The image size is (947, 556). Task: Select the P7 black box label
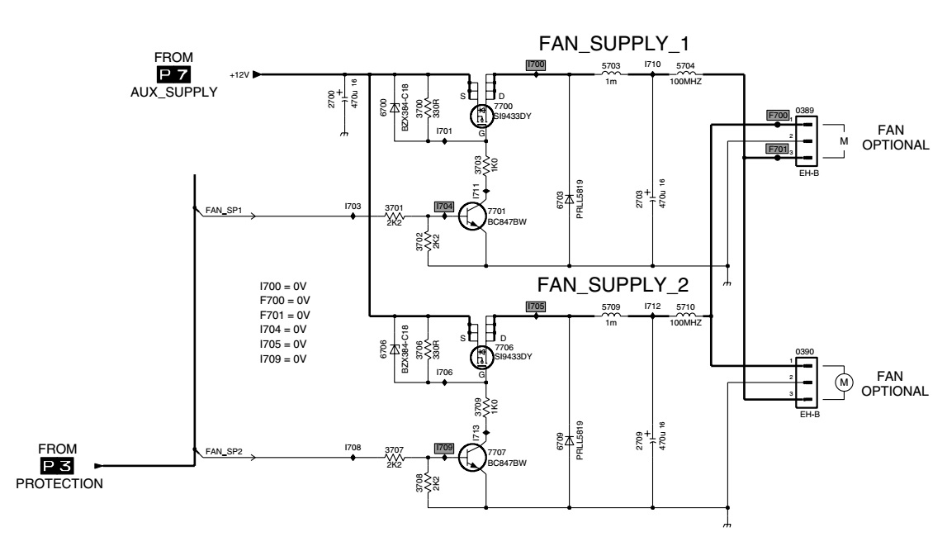tap(178, 75)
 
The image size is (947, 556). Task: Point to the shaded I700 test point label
tap(536, 64)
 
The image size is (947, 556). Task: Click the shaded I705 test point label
tap(536, 306)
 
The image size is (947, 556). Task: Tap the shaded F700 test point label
tap(778, 115)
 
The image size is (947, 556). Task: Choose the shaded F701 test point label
tap(776, 149)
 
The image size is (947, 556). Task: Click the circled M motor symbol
tap(843, 382)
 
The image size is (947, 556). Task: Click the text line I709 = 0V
tap(283, 359)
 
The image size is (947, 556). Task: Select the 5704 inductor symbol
tap(685, 74)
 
